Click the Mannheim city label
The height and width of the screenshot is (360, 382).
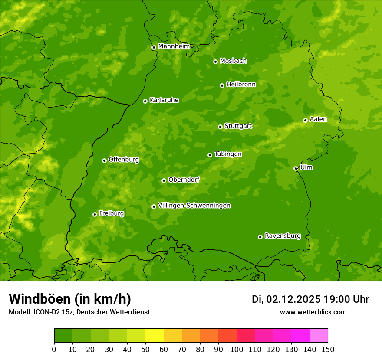(174, 46)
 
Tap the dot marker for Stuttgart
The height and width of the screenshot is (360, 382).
(220, 127)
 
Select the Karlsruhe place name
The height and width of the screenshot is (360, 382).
(164, 100)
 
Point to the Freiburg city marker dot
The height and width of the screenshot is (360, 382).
(95, 214)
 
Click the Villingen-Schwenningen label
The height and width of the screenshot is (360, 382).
(194, 206)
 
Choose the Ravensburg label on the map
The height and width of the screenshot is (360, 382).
(282, 236)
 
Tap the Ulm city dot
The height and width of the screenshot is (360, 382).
(296, 168)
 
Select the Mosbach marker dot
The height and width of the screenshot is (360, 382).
(215, 62)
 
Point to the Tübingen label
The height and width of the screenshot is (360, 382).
(227, 154)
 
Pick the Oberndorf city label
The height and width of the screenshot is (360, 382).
(184, 180)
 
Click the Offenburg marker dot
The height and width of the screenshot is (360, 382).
(104, 160)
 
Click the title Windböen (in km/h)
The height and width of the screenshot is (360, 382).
(70, 299)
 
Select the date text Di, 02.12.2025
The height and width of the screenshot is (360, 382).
(286, 299)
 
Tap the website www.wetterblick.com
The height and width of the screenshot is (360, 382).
(313, 312)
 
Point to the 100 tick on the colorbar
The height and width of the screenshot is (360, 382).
(237, 350)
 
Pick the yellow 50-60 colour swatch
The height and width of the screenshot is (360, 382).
(155, 336)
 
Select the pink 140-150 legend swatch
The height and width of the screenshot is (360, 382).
(319, 336)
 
